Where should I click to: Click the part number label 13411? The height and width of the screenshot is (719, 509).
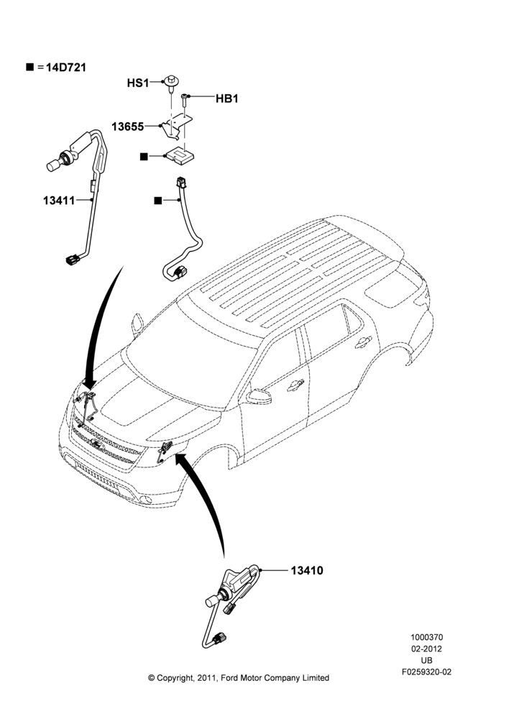[x=59, y=200]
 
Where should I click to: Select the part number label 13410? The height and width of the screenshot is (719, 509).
[x=307, y=570]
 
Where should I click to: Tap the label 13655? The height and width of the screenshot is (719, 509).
[x=127, y=127]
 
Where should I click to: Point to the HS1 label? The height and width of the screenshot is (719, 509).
[x=138, y=83]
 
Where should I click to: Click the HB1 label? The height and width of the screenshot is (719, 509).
[x=227, y=99]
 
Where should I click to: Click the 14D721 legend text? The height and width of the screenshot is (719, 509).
[x=66, y=68]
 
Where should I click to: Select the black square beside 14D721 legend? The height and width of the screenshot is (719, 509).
[x=30, y=68]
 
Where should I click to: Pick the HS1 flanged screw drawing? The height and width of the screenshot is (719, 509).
[x=171, y=83]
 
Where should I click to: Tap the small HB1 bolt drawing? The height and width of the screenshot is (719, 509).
[x=184, y=99]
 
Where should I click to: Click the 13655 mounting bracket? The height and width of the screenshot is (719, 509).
[x=176, y=125]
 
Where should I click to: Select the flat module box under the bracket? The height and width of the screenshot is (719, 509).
[x=180, y=155]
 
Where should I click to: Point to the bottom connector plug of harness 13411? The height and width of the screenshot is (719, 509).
[x=73, y=260]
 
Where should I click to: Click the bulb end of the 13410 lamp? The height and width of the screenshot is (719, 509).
[x=212, y=600]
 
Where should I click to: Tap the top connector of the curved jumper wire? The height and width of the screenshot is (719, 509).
[x=182, y=182]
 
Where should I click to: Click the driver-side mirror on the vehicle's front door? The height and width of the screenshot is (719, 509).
[x=259, y=396]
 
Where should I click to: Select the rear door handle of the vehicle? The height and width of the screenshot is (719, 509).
[x=363, y=342]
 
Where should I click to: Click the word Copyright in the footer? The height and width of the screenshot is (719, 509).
[x=177, y=678]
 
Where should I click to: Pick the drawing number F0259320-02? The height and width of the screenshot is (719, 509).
[x=426, y=672]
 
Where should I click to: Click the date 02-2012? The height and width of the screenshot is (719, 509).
[x=426, y=649]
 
